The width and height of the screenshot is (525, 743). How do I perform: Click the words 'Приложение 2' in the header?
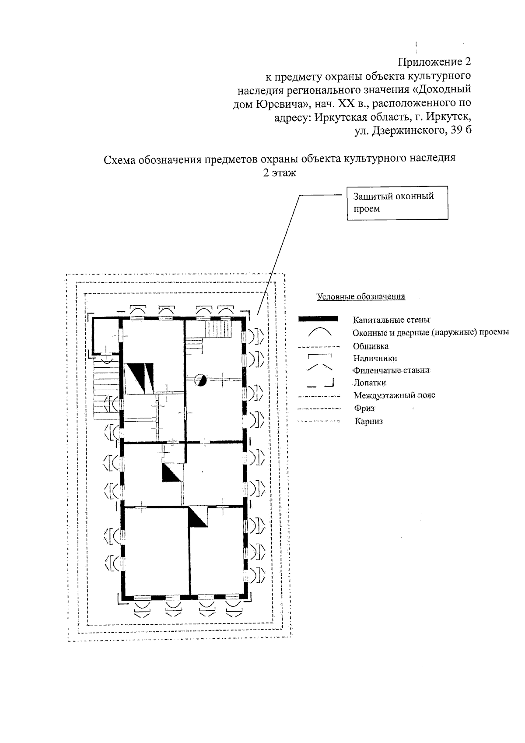(x=434, y=61)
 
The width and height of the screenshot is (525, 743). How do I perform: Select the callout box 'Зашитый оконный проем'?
(x=397, y=202)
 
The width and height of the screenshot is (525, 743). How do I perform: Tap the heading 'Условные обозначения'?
(x=361, y=297)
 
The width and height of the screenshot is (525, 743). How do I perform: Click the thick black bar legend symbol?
(x=318, y=319)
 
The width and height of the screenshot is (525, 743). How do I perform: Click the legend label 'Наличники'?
(x=375, y=358)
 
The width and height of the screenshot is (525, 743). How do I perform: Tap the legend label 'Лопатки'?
(x=370, y=383)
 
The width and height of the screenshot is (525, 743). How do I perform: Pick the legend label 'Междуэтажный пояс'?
(x=394, y=396)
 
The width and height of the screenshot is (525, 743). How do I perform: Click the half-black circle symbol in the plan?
(x=200, y=380)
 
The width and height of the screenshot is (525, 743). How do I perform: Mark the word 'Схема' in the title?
(x=119, y=159)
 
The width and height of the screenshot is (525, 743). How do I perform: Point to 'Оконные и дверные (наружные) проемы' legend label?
(x=430, y=333)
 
